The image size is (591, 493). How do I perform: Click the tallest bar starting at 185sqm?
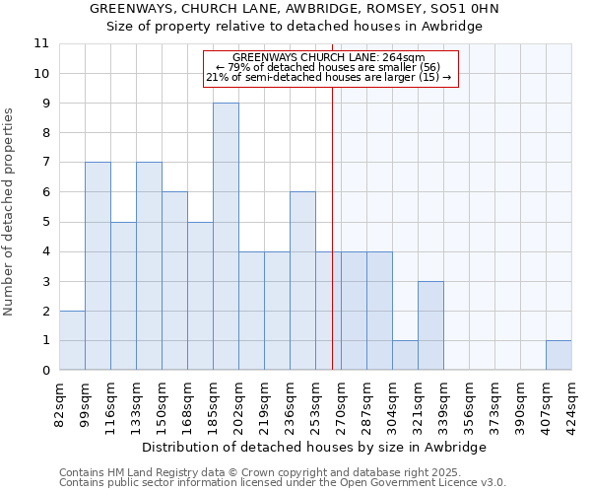tap(226, 237)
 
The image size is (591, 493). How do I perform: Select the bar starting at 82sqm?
tap(72, 340)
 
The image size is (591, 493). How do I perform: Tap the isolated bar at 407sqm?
tap(558, 355)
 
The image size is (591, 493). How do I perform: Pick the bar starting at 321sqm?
tap(430, 325)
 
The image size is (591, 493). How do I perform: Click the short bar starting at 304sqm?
tap(405, 355)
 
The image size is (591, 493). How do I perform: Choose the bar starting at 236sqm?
tap(302, 281)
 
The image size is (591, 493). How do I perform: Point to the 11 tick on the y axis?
tap(41, 43)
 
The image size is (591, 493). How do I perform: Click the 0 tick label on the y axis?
tap(45, 371)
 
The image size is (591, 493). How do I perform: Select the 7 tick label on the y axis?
tap(45, 163)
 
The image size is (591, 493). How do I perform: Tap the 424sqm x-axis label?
tap(571, 404)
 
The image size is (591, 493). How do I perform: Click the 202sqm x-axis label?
tap(239, 404)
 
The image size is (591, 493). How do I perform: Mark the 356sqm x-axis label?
tap(469, 404)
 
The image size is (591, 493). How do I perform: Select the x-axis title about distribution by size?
tap(314, 447)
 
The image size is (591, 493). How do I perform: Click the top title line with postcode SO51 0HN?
tap(295, 9)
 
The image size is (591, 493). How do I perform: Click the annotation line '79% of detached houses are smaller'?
tap(331, 67)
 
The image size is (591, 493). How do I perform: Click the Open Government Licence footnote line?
tap(283, 483)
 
